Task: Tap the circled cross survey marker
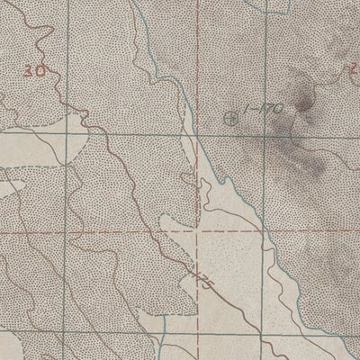(x=233, y=116)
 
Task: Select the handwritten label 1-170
(x=265, y=109)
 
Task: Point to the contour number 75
(x=204, y=283)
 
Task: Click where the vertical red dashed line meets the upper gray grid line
(x=197, y=135)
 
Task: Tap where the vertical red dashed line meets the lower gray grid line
(x=197, y=314)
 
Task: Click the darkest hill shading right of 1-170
(x=304, y=105)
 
